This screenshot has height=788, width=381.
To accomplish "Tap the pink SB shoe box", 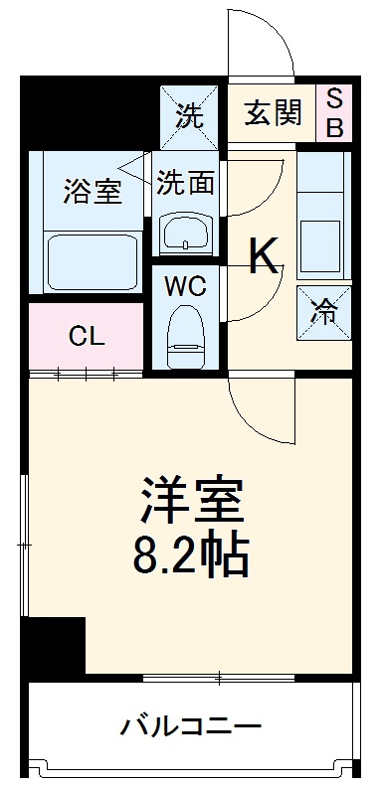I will (x=334, y=113).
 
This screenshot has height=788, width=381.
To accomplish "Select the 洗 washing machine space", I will (x=189, y=114).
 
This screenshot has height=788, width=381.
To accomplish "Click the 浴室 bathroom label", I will (x=92, y=190).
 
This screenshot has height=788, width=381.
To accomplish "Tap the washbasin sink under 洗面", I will (x=186, y=235).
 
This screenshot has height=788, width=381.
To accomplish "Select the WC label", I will (x=186, y=287).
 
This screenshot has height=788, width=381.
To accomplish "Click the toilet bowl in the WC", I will (x=186, y=334).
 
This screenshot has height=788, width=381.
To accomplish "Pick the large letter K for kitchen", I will (x=265, y=257).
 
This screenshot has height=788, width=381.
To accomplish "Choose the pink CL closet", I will (x=88, y=335).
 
